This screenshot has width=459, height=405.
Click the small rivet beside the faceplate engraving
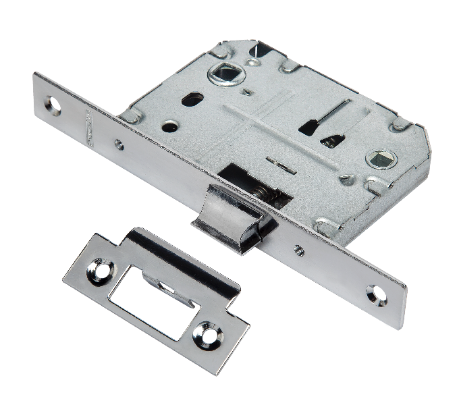click(119, 143)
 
